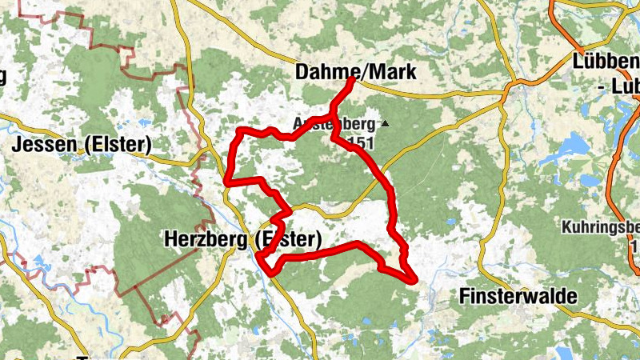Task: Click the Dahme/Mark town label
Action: (x=355, y=72)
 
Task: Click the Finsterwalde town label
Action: (x=518, y=297)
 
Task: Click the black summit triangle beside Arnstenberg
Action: (x=385, y=124)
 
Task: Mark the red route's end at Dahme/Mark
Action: (x=353, y=81)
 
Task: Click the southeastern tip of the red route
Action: (x=414, y=279)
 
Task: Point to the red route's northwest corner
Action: (x=241, y=130)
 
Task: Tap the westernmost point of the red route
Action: (x=227, y=182)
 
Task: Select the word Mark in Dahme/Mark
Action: (x=393, y=72)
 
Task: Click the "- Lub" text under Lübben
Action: (x=618, y=86)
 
